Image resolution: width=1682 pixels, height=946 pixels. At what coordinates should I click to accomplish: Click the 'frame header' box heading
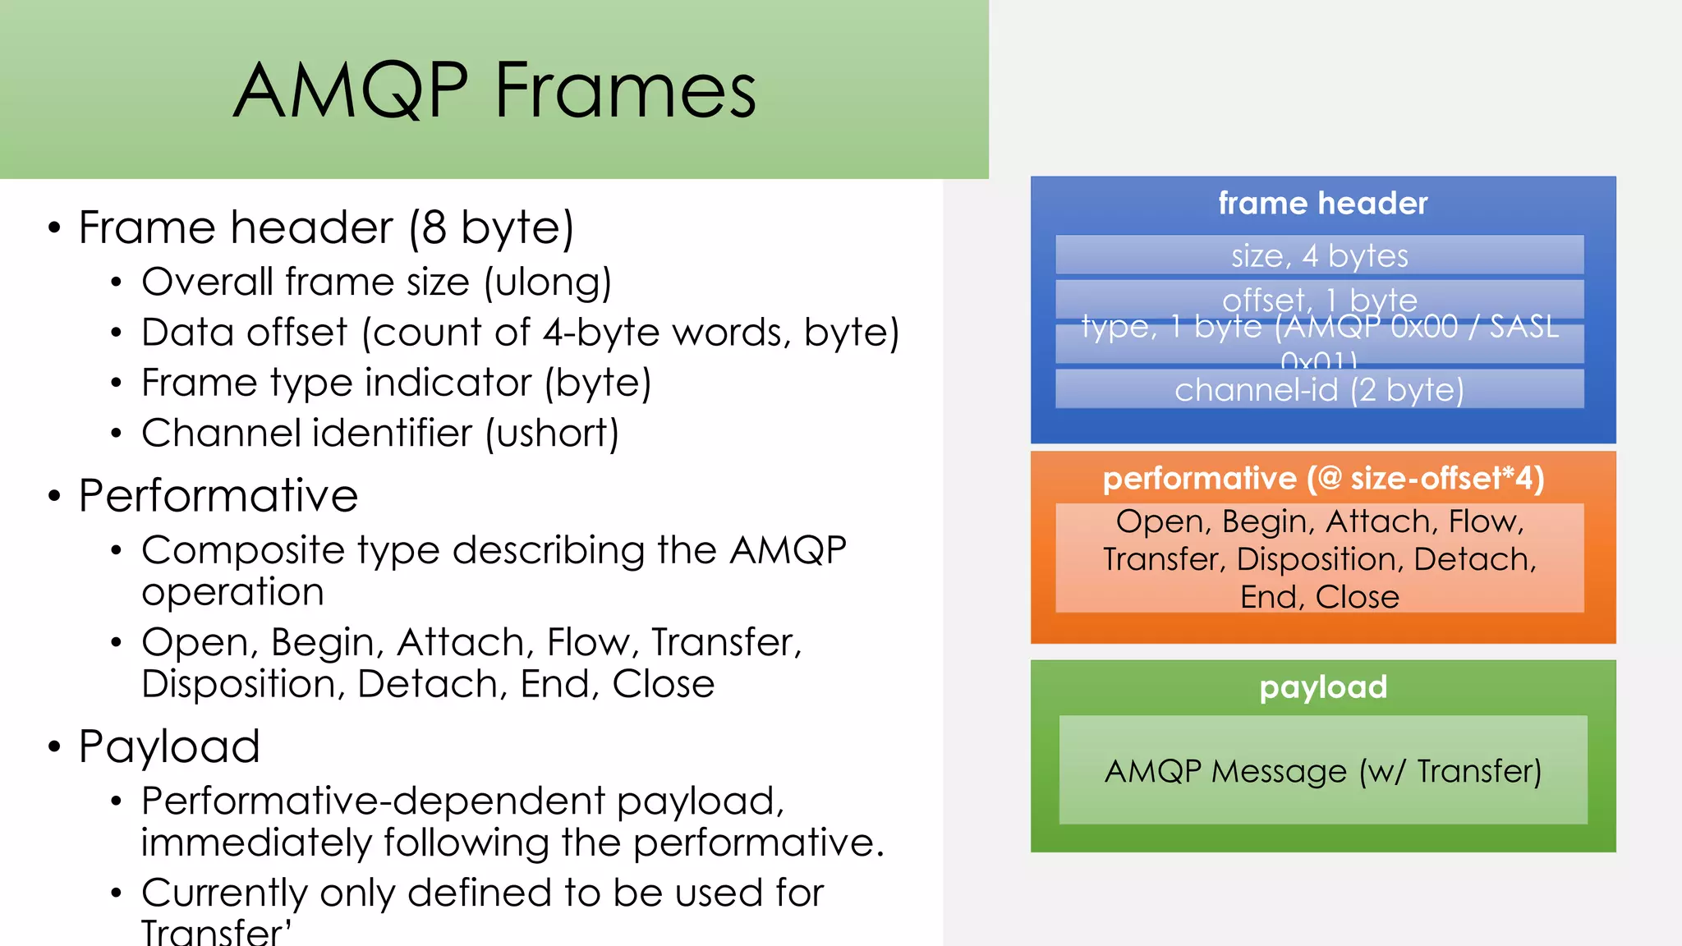point(1322,203)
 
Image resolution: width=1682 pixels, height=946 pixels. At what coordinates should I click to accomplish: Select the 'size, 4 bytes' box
point(1319,255)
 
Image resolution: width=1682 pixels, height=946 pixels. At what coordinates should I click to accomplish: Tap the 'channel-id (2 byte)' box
point(1319,389)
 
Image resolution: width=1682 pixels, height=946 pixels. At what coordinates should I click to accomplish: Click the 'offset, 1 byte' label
point(1319,299)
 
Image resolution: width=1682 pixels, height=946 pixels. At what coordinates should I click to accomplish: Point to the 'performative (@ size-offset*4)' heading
point(1322,478)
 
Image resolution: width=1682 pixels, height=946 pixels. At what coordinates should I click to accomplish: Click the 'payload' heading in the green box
point(1322,687)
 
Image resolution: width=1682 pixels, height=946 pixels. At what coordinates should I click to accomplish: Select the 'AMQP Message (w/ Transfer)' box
point(1322,770)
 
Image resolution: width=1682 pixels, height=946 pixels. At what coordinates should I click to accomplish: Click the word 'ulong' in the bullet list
point(547,282)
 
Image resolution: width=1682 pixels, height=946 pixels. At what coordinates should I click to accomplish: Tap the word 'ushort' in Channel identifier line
point(552,433)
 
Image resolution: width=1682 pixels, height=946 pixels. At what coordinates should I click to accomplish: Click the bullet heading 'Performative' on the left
point(218,495)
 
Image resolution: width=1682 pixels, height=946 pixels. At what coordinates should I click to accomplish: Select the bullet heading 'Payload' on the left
point(169,746)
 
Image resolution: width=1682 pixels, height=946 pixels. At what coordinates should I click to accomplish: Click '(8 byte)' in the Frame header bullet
point(491,227)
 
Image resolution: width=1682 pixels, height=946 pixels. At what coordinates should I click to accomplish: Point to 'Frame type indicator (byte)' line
point(396,383)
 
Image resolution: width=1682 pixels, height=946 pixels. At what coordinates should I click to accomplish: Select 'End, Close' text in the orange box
point(1319,597)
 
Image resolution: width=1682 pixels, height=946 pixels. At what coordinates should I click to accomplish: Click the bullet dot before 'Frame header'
point(54,227)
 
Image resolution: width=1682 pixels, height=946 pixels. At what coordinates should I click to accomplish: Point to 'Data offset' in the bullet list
point(244,333)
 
